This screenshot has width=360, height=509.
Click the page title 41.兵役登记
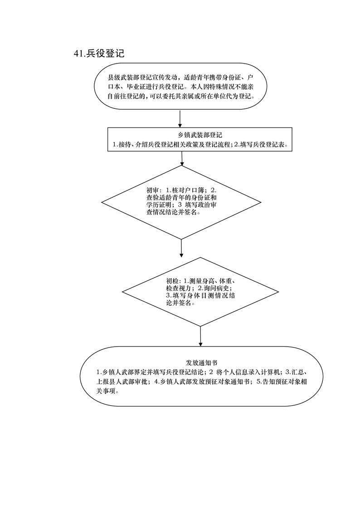coord(99,54)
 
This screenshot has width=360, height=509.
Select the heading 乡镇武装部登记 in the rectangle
coord(198,135)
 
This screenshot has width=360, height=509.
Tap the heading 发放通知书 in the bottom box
coord(201,363)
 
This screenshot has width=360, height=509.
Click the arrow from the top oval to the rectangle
coord(180,118)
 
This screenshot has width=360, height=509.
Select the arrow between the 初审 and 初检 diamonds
coord(182,248)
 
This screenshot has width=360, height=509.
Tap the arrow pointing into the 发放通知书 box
coord(200,336)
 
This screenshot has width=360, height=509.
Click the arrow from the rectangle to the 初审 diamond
coord(182,158)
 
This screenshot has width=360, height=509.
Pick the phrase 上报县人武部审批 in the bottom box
coord(122,382)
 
